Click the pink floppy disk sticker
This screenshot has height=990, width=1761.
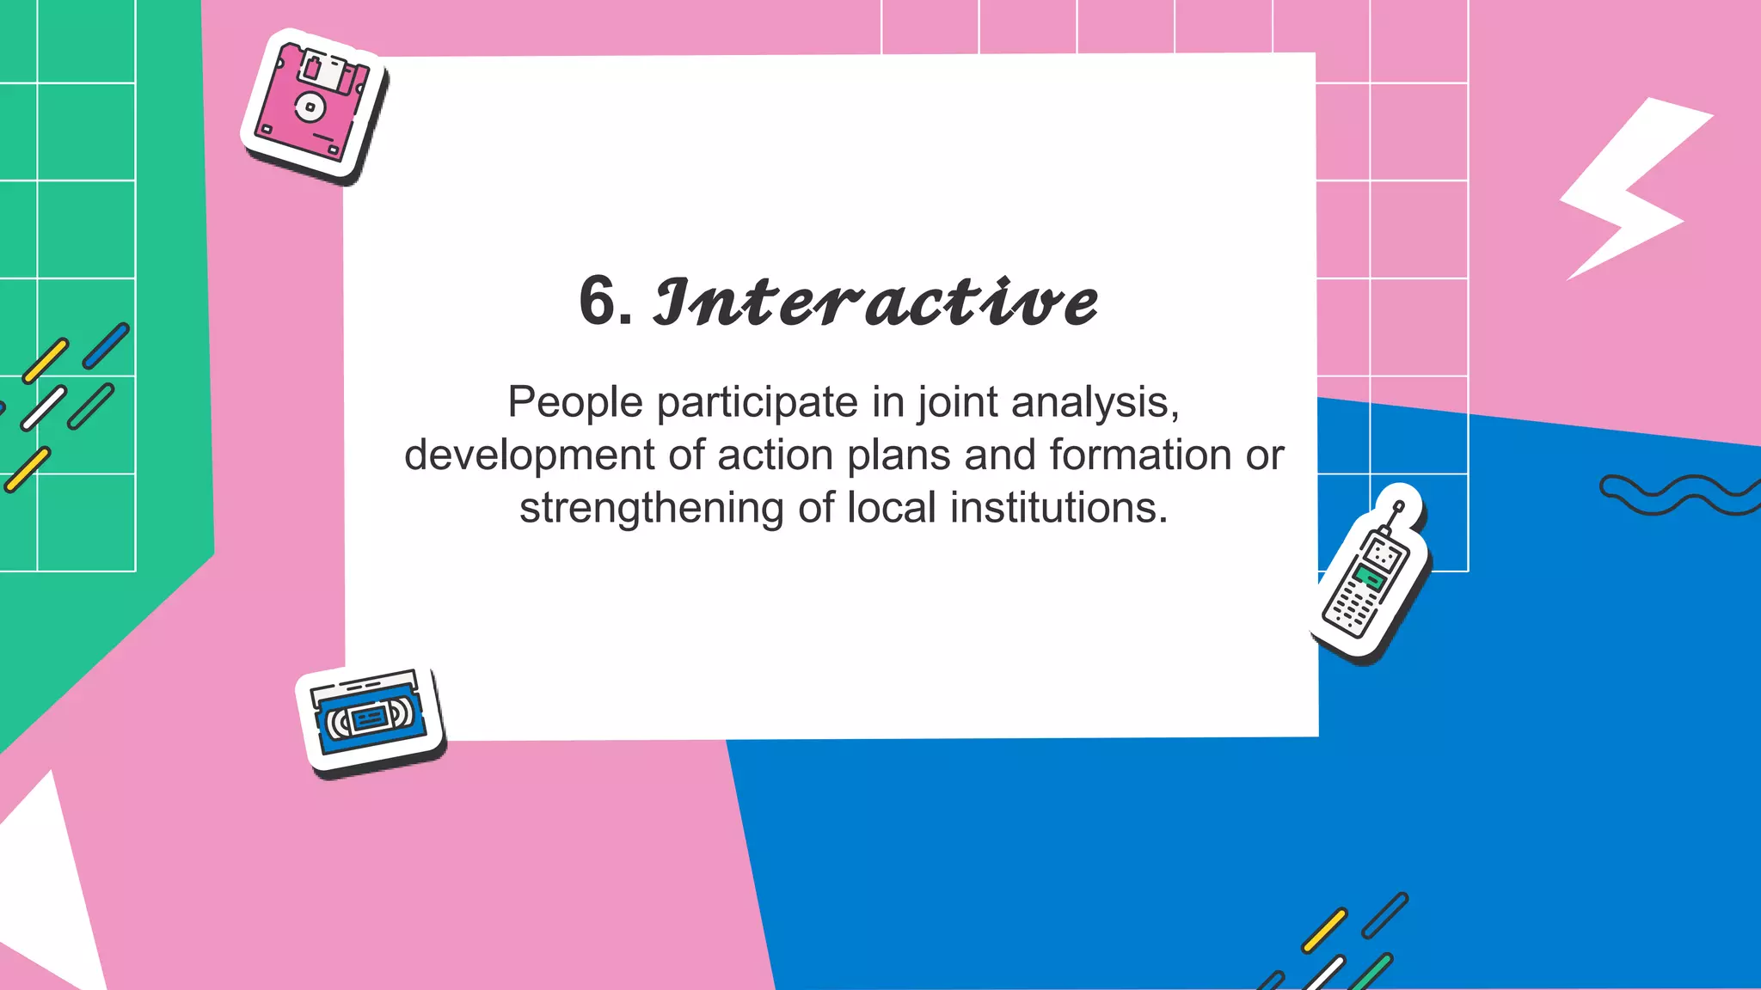(x=314, y=106)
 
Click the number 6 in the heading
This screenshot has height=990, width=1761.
(x=598, y=301)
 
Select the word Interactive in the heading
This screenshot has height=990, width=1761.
(x=875, y=302)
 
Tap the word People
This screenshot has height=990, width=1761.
(x=574, y=402)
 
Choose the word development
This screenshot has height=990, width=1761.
(x=529, y=455)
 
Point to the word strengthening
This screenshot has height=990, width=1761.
(x=651, y=509)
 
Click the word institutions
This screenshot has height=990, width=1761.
(x=1058, y=508)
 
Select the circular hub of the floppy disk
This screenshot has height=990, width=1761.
(x=309, y=107)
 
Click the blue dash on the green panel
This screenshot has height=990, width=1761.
(x=106, y=345)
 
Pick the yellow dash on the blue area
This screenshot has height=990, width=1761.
(x=1324, y=930)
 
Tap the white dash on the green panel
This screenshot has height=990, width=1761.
(x=44, y=408)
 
